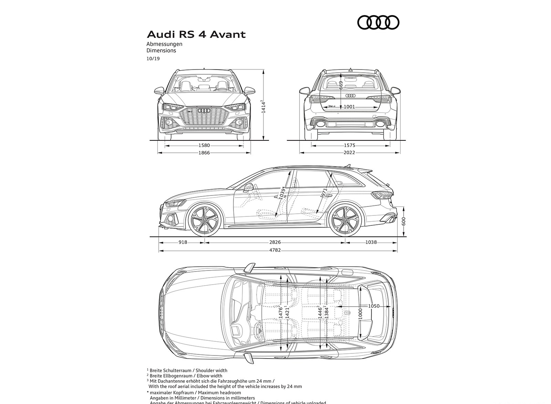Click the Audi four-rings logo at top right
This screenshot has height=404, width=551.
coord(378,23)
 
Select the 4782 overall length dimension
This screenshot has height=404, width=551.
coord(275,250)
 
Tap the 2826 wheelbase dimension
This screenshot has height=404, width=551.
coord(275,242)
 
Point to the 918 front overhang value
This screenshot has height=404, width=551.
coord(183,242)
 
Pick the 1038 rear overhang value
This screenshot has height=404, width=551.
coord(371,242)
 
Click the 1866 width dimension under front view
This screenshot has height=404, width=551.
coord(204,153)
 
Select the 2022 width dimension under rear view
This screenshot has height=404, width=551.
coord(349,153)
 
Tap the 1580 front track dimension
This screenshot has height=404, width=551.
coord(204,146)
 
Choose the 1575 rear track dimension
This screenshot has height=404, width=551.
coord(349,146)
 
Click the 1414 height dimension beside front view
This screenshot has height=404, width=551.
coord(263,107)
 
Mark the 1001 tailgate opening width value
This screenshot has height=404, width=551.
coord(349,107)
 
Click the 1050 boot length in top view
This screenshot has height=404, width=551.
coord(374,306)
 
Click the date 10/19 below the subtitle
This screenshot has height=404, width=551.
coord(153,59)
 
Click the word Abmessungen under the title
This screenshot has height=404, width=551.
coord(164,44)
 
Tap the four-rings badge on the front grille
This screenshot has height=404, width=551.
coord(205,110)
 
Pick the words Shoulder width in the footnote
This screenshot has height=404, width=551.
coord(212,371)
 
